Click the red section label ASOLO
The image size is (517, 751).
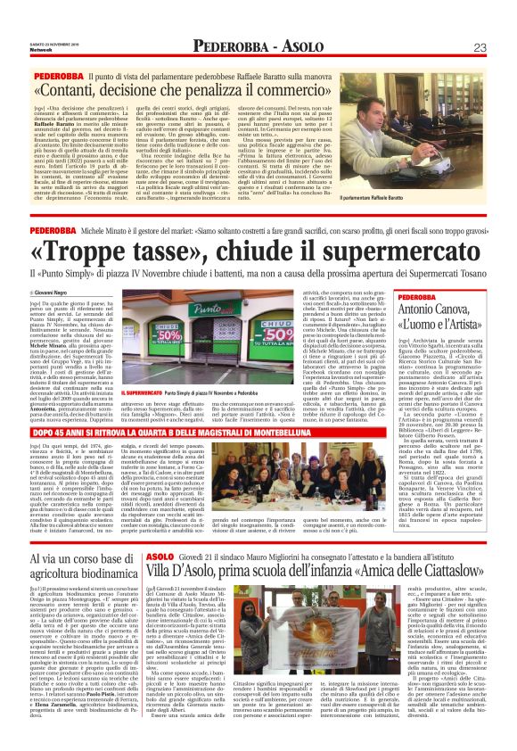[161, 531]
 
